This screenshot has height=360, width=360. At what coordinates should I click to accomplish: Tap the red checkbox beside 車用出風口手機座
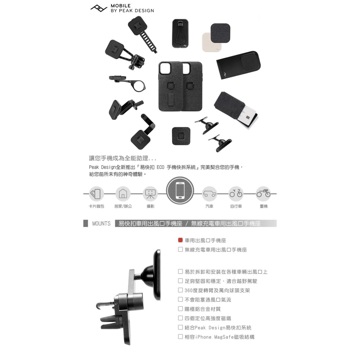coord(180,240)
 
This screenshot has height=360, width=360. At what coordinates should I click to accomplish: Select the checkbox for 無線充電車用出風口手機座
coord(180,249)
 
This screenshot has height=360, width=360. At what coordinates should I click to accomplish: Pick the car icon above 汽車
coord(209,193)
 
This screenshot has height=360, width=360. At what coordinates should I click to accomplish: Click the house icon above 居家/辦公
coord(123,193)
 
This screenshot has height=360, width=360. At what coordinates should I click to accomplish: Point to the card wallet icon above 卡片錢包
coord(96,193)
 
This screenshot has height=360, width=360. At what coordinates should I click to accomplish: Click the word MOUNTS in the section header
coord(101,224)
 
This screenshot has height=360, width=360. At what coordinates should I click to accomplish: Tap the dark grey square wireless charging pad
coord(220,33)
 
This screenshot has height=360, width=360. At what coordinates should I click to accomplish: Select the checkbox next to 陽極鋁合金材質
coord(180,309)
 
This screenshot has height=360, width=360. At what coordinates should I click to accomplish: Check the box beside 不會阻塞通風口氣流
coord(180,300)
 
